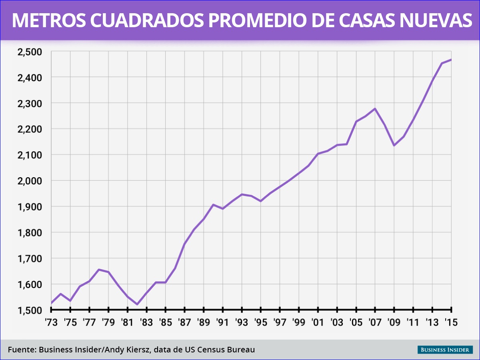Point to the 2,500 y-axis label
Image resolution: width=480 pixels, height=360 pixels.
tap(29, 52)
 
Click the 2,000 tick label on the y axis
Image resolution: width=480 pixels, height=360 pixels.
tap(29, 181)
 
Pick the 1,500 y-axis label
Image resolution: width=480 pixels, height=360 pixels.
tap(29, 310)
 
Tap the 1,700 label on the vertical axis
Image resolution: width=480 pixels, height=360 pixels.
tap(29, 258)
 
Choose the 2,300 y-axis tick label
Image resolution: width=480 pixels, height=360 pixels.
tap(29, 103)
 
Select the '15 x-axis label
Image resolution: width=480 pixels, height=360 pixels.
tap(451, 322)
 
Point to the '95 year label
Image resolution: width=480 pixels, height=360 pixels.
tap(261, 322)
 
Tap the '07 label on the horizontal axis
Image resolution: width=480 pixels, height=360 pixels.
tap(375, 322)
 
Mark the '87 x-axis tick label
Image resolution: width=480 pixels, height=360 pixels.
tap(184, 322)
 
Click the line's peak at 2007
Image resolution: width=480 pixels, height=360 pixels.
tap(375, 108)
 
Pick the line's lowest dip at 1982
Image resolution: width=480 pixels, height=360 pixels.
tap(137, 304)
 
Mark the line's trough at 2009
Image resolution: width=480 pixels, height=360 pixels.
tap(394, 145)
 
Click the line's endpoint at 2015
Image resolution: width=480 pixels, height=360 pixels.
tap(451, 60)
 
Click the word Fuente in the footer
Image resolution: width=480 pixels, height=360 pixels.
tap(21, 350)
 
